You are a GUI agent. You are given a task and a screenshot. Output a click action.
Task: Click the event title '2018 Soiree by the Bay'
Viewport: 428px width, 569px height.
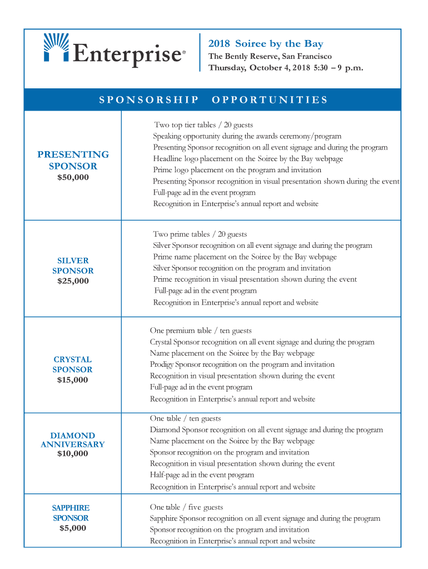[266, 44]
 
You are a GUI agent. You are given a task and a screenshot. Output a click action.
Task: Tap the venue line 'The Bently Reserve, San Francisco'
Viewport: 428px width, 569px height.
[270, 56]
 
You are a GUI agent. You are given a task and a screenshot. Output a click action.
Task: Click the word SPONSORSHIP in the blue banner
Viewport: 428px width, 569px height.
[149, 100]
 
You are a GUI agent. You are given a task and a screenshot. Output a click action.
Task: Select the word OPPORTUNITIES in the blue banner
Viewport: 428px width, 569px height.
[270, 100]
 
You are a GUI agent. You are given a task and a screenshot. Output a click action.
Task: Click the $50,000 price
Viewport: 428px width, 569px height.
[73, 177]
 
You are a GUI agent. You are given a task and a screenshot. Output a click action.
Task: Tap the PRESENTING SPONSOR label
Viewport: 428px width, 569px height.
[73, 160]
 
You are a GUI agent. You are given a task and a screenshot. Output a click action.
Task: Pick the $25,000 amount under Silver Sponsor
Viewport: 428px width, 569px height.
[73, 281]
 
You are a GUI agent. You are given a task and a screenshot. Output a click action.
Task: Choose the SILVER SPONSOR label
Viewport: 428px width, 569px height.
[73, 266]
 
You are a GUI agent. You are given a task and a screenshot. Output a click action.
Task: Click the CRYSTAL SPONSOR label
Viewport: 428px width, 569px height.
[72, 365]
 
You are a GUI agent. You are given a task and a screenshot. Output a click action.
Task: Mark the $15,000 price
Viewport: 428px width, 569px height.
[72, 380]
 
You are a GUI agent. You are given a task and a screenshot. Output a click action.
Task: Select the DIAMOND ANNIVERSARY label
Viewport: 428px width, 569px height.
[72, 440]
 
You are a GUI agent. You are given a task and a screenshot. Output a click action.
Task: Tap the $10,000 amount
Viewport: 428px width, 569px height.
[72, 453]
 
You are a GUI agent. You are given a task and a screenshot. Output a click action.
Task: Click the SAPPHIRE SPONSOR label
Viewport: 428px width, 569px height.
[71, 513]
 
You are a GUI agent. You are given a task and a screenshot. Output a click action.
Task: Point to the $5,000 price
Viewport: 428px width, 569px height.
[73, 528]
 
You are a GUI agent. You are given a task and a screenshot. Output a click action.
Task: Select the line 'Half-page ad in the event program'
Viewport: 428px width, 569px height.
[202, 475]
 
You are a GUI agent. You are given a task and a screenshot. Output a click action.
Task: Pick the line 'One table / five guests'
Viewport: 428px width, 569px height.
[186, 507]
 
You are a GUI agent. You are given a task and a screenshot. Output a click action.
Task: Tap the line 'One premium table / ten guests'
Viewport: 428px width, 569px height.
[201, 331]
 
